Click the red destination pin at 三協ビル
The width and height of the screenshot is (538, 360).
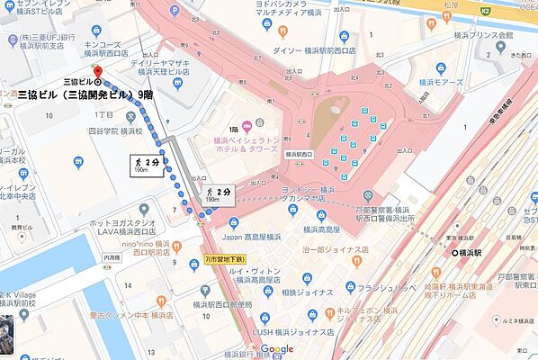click(x=97, y=71)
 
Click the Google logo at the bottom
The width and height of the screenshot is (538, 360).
click(x=277, y=349)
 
